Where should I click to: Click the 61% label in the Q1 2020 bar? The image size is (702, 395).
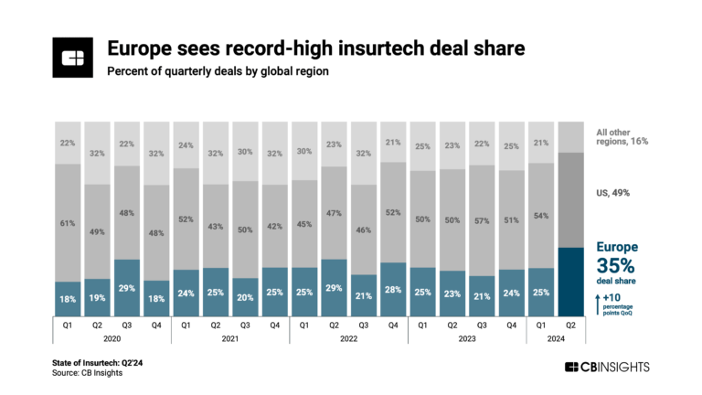(x=68, y=222)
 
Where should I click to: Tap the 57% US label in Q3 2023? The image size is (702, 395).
(x=484, y=220)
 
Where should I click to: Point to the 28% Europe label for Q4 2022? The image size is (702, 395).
(x=394, y=289)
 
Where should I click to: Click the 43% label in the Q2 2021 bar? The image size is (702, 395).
(x=216, y=226)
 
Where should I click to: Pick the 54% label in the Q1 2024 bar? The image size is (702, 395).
(x=542, y=215)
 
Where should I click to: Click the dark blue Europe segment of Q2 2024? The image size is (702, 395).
(x=571, y=280)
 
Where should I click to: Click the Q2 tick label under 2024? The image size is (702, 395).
(x=571, y=323)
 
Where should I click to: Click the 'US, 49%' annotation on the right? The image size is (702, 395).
(x=612, y=193)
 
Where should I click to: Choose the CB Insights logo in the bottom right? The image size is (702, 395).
(x=606, y=367)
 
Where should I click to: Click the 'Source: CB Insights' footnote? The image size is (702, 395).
(x=87, y=372)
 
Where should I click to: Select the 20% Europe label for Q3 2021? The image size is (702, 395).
(x=246, y=294)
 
